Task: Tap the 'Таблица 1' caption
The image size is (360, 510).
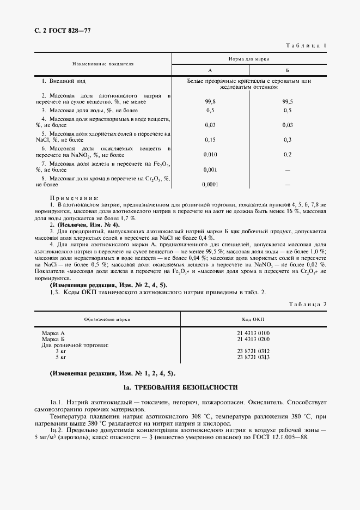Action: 306,46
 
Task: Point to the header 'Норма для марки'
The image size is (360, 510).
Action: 249,58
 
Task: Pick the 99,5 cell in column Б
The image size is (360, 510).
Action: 288,101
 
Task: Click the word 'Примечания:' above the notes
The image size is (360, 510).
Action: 74,198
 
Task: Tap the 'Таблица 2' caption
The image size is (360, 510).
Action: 306,303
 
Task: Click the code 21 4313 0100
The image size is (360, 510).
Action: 253,333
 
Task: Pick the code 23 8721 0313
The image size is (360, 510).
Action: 253,357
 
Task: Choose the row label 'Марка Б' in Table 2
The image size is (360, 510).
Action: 53,339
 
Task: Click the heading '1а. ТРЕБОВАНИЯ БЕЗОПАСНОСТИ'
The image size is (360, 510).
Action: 180,387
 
